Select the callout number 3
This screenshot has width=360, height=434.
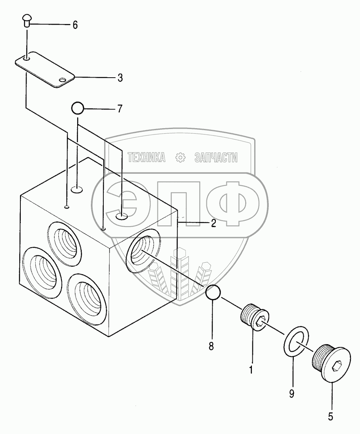120,78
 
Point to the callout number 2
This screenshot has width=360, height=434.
213,223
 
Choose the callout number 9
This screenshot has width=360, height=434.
291,392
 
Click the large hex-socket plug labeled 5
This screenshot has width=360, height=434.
331,363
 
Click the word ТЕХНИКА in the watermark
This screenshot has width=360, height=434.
147,158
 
